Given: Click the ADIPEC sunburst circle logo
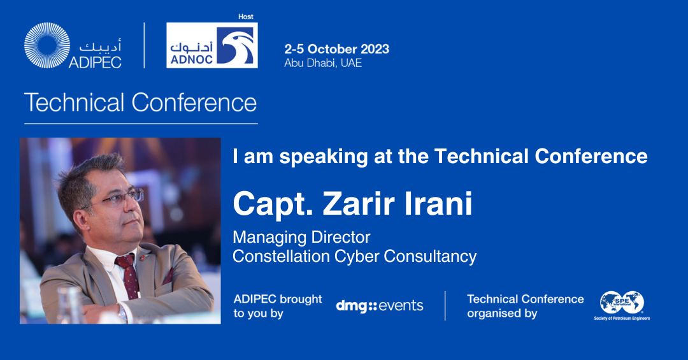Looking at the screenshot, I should click(47, 46).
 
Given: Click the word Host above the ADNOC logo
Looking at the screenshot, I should click(245, 16).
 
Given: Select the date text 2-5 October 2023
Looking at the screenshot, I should click(336, 49).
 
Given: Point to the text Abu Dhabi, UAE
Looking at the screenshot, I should click(323, 63).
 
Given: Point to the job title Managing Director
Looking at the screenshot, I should click(301, 238).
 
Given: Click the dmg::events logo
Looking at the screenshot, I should click(380, 305).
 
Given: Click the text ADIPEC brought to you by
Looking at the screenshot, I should click(278, 306).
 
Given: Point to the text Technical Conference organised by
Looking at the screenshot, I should click(525, 306).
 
